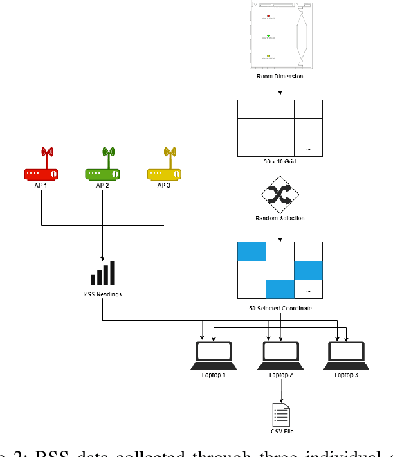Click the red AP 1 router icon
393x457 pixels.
pos(43,166)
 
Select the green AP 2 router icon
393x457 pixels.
pos(103,166)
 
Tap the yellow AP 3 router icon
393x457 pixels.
pos(163,166)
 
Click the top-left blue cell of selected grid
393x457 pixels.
pos(251,252)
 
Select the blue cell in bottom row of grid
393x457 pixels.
pos(280,289)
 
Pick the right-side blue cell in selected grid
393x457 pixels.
pos(309,271)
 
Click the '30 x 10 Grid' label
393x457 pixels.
pos(280,160)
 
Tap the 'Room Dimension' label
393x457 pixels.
pos(280,77)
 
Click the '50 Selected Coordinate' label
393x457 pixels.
pos(280,307)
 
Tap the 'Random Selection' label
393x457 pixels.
pos(280,218)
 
